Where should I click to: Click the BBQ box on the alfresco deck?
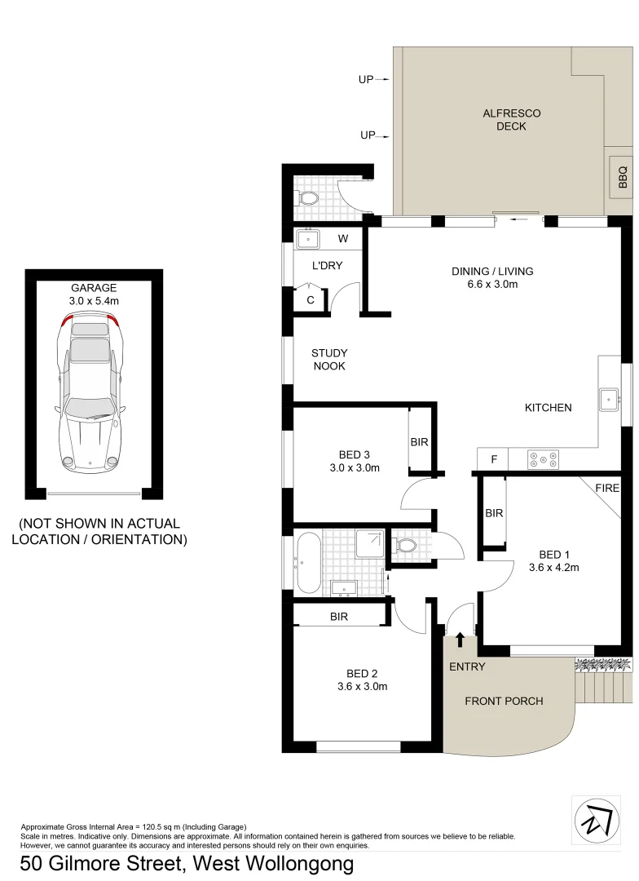[x=623, y=178]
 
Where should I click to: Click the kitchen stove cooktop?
[x=543, y=460]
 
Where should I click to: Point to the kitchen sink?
[x=609, y=400]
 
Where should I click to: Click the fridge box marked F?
[x=493, y=460]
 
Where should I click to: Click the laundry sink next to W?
[x=309, y=239]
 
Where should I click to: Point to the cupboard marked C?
[x=311, y=299]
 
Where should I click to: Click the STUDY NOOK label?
[x=329, y=360]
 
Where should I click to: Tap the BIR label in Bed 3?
[x=420, y=442]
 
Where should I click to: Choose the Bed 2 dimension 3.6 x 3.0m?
[x=362, y=686]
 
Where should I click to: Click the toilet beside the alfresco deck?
[x=309, y=198]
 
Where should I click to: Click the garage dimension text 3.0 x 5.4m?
[x=95, y=301]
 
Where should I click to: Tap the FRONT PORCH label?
[x=504, y=701]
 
